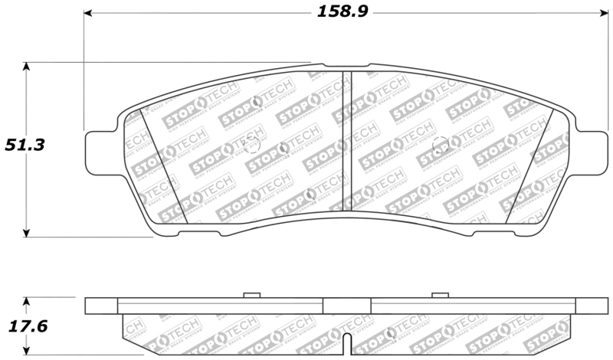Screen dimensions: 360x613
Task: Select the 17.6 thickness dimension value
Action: tap(27, 326)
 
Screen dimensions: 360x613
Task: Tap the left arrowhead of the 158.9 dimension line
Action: tap(88, 13)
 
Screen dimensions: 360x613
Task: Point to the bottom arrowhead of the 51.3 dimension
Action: tap(27, 231)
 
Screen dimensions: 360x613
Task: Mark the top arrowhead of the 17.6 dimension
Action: tap(27, 301)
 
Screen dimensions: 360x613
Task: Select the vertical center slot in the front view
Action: tap(346, 142)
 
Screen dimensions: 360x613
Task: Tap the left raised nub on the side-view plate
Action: tap(251, 295)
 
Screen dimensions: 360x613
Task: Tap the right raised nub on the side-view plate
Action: tap(439, 295)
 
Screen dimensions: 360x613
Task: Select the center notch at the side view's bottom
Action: tap(346, 345)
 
